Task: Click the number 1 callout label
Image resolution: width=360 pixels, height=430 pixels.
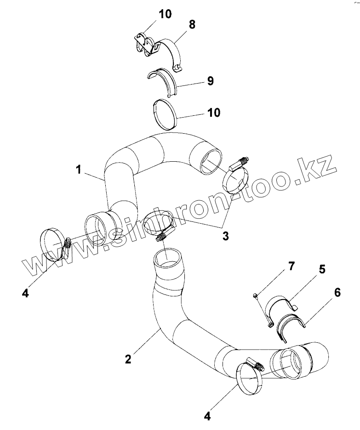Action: [x=79, y=170]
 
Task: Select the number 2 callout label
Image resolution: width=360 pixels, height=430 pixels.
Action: [x=128, y=358]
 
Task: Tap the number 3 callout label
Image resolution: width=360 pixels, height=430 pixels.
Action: [x=225, y=236]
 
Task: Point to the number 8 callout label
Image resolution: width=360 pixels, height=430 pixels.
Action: [x=191, y=24]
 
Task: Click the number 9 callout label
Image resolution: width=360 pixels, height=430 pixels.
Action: [x=210, y=81]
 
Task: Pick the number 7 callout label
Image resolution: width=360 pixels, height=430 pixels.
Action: [x=291, y=266]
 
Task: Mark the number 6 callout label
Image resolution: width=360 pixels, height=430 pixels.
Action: [x=337, y=293]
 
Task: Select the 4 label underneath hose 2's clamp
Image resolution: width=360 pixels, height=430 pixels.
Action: [x=207, y=416]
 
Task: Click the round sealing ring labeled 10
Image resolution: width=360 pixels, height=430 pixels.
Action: [x=165, y=113]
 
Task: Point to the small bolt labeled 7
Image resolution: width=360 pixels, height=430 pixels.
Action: [x=256, y=295]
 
